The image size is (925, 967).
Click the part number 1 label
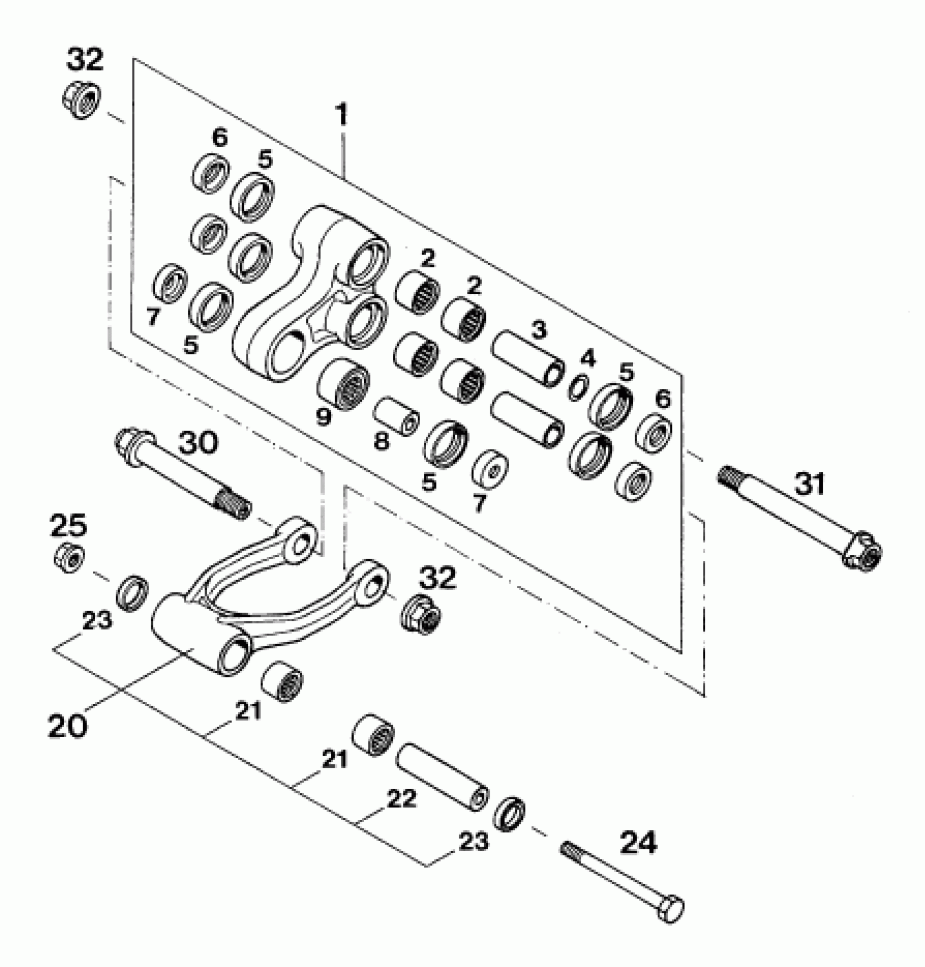coord(341,115)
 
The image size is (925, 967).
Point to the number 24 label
coord(638,842)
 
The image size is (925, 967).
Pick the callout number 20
coord(67,727)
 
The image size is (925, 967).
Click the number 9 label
coord(324,417)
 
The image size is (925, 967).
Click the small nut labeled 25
coord(69,557)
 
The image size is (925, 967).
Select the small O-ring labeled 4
coord(578,387)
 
